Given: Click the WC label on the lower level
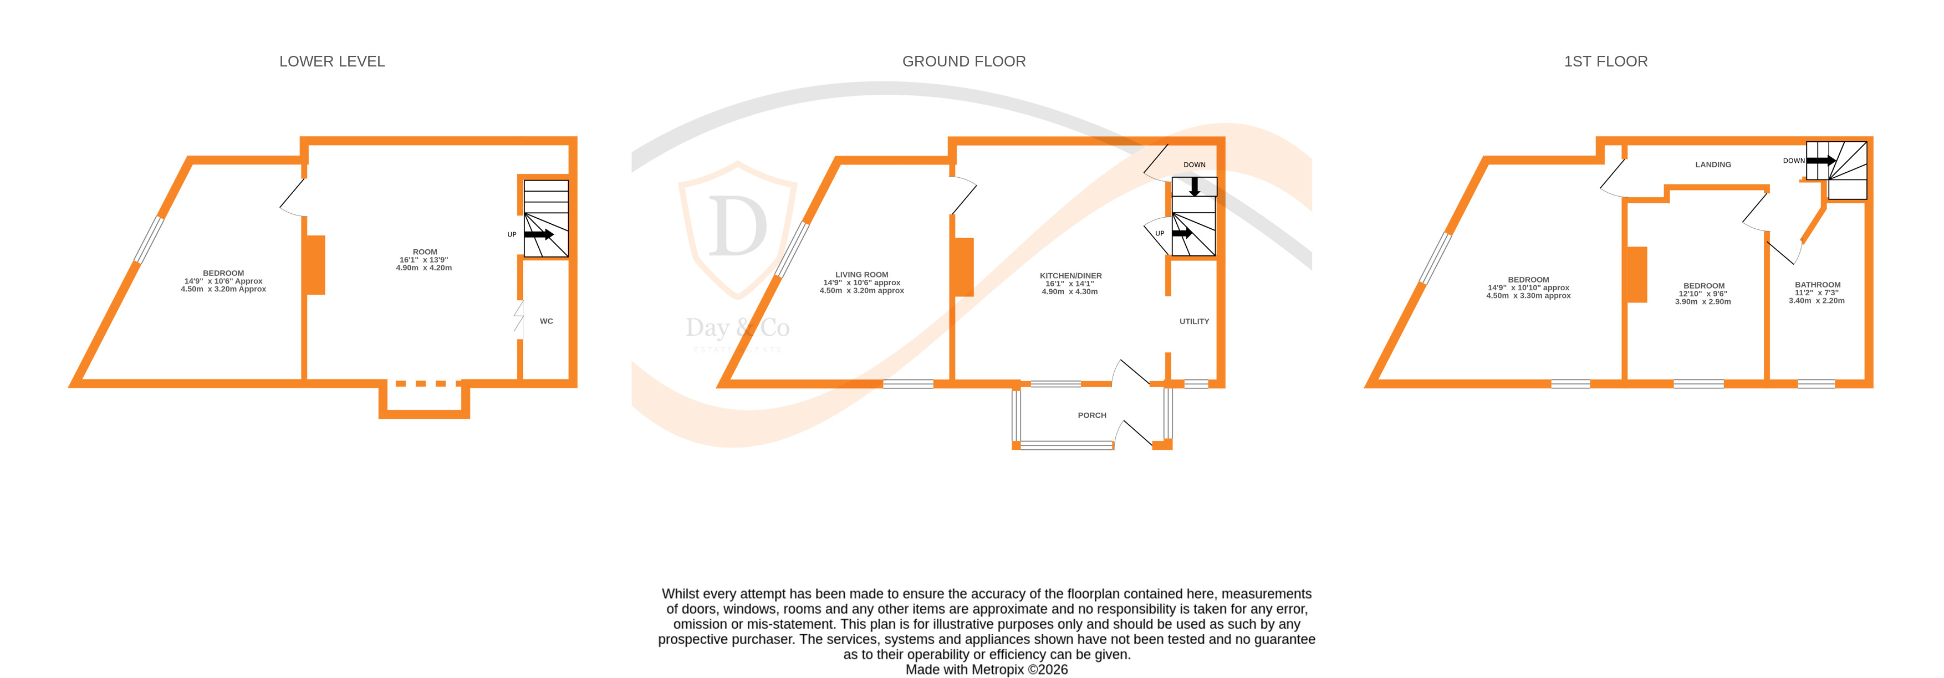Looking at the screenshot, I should (x=547, y=321).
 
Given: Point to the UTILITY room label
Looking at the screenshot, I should (x=1194, y=321).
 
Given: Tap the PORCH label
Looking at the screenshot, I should (x=1091, y=415).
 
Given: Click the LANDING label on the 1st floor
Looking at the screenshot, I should (x=1713, y=165).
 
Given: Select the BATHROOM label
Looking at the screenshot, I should (x=1817, y=285).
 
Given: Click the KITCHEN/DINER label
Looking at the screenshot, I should (x=1070, y=276).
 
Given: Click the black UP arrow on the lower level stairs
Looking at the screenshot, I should (x=539, y=234).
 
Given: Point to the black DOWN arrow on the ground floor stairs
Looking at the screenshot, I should (x=1195, y=186).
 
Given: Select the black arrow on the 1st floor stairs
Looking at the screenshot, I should (x=1820, y=161).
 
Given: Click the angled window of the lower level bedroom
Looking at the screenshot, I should (x=149, y=240).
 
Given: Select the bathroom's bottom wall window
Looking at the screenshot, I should (x=1816, y=384).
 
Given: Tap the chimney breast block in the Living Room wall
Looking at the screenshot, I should (x=964, y=267).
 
